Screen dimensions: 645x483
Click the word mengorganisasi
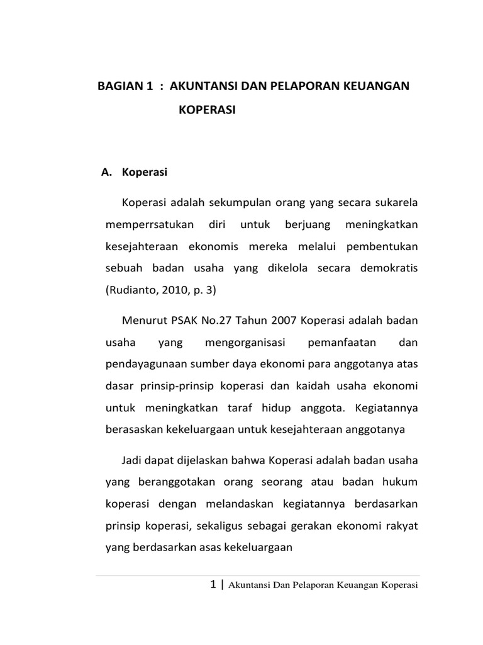click(246, 344)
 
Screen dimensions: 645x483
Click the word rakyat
click(401, 525)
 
